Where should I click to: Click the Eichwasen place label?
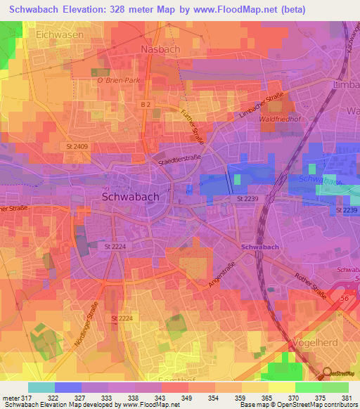(x=60, y=34)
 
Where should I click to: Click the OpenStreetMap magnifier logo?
(x=327, y=372)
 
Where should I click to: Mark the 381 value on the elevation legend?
(x=345, y=398)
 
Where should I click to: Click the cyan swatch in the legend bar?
(x=41, y=387)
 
